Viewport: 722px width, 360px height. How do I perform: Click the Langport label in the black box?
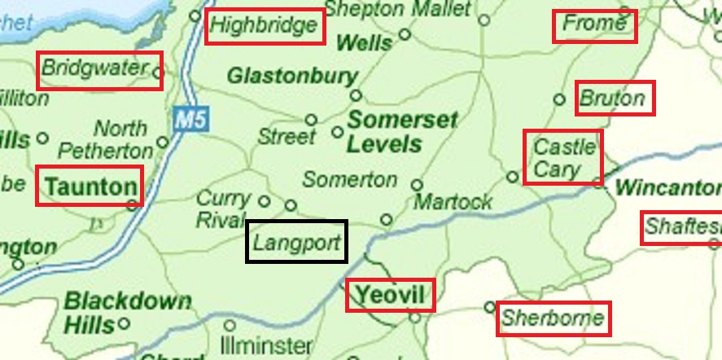pyautogui.click(x=297, y=242)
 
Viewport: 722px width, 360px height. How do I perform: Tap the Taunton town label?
pyautogui.click(x=90, y=187)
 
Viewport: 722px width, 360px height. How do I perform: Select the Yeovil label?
pyautogui.click(x=391, y=295)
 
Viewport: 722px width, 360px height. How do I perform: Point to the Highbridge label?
pyautogui.click(x=264, y=26)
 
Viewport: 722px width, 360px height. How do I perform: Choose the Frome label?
pyautogui.click(x=594, y=24)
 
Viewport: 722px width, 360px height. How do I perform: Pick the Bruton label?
pyautogui.click(x=612, y=99)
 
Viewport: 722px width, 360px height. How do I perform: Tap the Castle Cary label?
pyautogui.click(x=563, y=158)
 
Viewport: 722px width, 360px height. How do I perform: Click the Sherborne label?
pyautogui.click(x=554, y=318)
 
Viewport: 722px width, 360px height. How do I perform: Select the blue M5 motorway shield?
pyautogui.click(x=191, y=121)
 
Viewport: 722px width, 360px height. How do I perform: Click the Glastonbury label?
pyautogui.click(x=292, y=77)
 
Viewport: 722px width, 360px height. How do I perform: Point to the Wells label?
pyautogui.click(x=364, y=42)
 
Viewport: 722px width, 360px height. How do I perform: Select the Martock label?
pyautogui.click(x=453, y=201)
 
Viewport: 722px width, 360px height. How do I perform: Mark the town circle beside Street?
pyautogui.click(x=310, y=120)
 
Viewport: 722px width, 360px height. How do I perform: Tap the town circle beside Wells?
pyautogui.click(x=405, y=35)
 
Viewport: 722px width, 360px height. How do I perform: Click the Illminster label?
pyautogui.click(x=266, y=345)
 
